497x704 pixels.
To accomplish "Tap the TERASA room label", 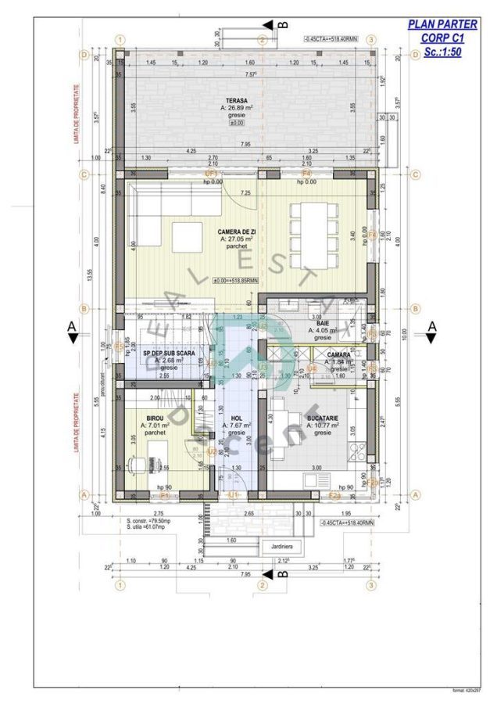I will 237,101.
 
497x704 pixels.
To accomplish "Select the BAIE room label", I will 322,322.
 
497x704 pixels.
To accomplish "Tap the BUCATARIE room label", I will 322,419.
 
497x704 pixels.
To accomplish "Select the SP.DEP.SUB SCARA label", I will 163,354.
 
